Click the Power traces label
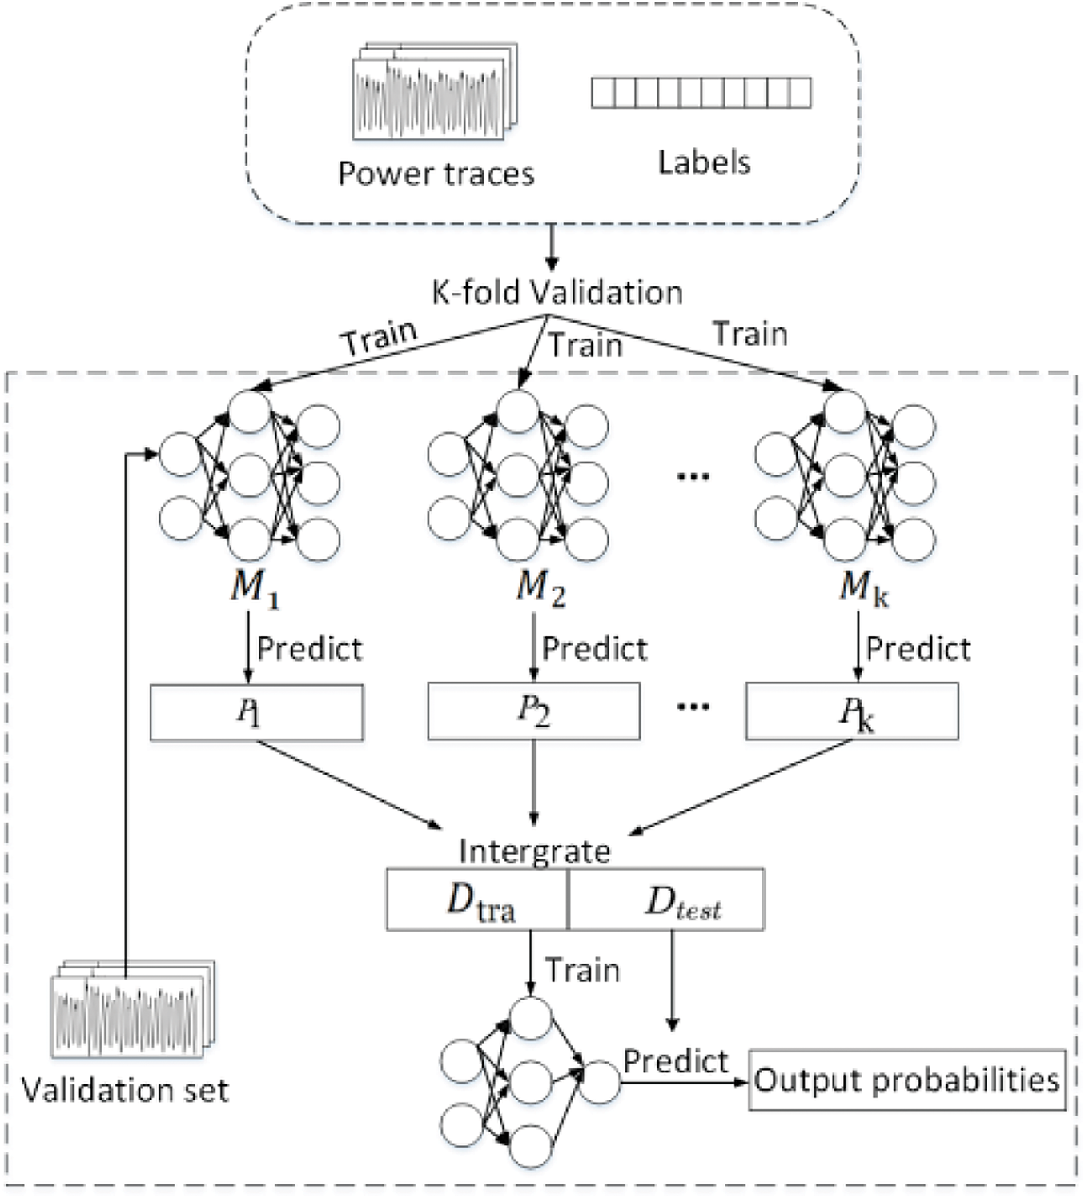[x=436, y=174]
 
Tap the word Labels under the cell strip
[x=704, y=162]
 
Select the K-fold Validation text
[x=557, y=293]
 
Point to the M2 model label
[x=541, y=588]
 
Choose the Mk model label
[x=863, y=588]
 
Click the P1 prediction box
[x=256, y=712]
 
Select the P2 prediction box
[x=534, y=711]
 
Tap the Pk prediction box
[x=853, y=711]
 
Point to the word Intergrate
[x=535, y=851]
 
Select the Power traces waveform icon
[x=435, y=90]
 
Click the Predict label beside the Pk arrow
[x=918, y=649]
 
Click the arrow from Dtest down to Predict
[x=672, y=980]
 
